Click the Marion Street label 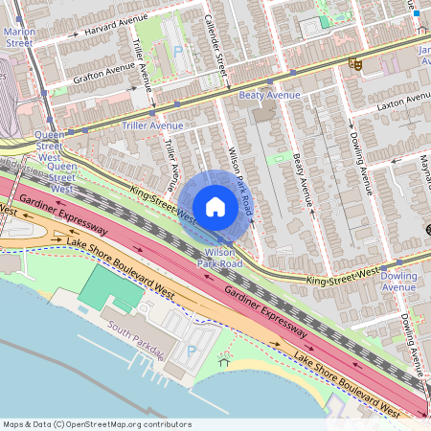[x=18, y=35]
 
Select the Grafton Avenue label [x=103, y=70]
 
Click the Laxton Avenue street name [x=404, y=102]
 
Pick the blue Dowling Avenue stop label [x=398, y=282]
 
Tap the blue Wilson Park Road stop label [x=217, y=256]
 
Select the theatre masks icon [x=355, y=64]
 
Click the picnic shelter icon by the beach [x=226, y=362]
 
